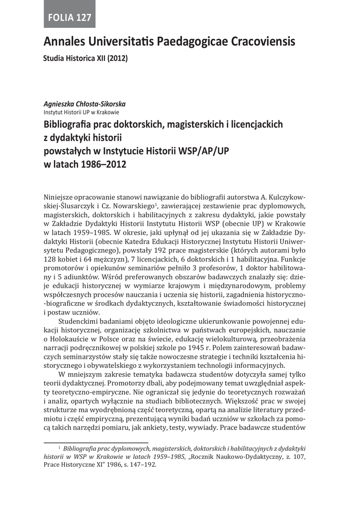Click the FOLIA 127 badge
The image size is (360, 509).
[x=70, y=18]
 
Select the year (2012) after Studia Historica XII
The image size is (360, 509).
[x=118, y=58]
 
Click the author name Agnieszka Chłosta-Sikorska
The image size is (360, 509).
[x=85, y=104]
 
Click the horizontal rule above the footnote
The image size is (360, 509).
[x=96, y=442]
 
